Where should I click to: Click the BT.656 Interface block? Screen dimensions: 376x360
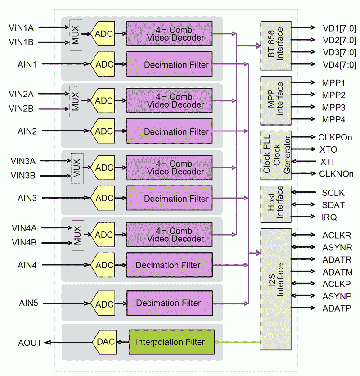275,45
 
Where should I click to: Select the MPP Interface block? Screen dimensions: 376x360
275,100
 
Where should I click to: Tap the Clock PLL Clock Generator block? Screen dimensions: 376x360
275,155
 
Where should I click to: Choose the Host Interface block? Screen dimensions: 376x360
275,204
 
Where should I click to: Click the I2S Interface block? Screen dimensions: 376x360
275,289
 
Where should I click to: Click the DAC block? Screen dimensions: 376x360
105,342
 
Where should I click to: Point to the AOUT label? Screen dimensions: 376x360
30,343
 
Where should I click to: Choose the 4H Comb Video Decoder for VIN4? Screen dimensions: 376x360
169,235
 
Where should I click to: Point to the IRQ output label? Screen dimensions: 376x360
329,217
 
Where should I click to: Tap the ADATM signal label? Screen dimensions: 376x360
337,272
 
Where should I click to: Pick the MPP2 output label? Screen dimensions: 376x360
333,95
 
